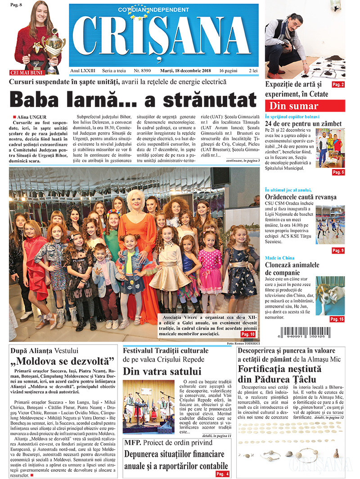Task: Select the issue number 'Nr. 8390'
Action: tap(142, 71)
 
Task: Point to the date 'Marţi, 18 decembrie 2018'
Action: tap(186, 71)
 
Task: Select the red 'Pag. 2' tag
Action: tap(338, 85)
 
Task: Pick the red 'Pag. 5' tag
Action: tap(338, 172)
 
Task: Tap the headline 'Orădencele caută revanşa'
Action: tap(301, 197)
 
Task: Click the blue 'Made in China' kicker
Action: tap(279, 258)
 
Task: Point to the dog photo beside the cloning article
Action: tap(330, 296)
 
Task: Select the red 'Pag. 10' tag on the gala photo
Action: tap(248, 334)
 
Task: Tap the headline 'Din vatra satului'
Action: tap(162, 371)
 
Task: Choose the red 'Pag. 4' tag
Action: tap(222, 474)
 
